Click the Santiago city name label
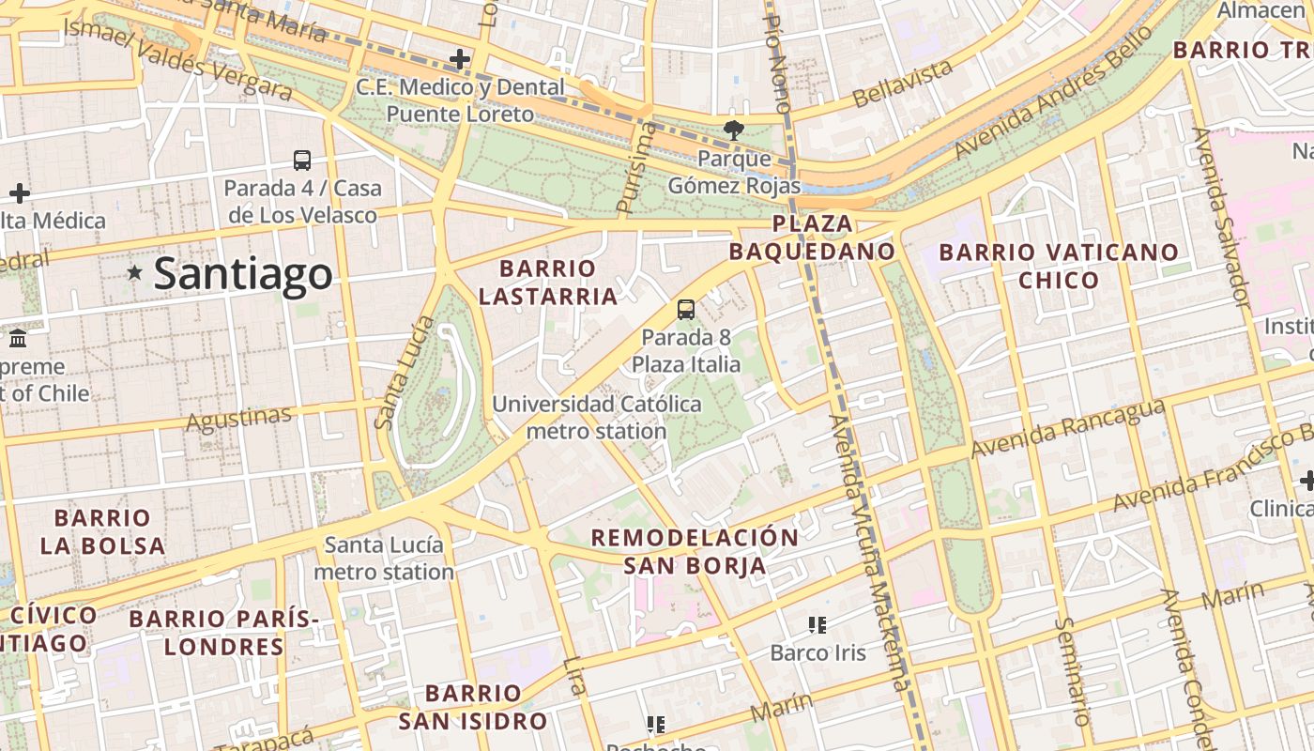pos(242,274)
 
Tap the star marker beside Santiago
pos(135,273)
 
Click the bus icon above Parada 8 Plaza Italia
pos(686,310)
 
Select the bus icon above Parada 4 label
pos(302,161)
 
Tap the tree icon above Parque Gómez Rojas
pos(733,130)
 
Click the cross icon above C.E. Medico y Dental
pos(459,60)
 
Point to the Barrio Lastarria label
pos(548,283)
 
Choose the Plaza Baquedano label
pos(813,238)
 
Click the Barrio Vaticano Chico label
pos(1059,266)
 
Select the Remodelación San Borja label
pos(695,551)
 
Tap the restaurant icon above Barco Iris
pos(817,624)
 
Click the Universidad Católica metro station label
pos(597,418)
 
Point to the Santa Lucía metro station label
pos(384,558)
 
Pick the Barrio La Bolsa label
pos(102,531)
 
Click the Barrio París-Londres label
pos(223,633)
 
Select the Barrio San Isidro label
pos(472,707)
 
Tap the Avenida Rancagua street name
pos(1067,429)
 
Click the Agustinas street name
pos(238,419)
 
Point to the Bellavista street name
pos(903,84)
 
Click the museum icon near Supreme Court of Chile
pos(17,338)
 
